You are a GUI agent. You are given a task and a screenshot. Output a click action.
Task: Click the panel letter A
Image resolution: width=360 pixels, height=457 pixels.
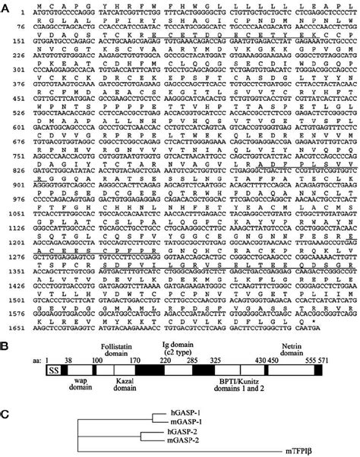tap(6, 5)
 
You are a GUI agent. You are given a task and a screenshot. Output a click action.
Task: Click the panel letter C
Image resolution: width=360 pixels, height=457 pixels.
tap(6, 392)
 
